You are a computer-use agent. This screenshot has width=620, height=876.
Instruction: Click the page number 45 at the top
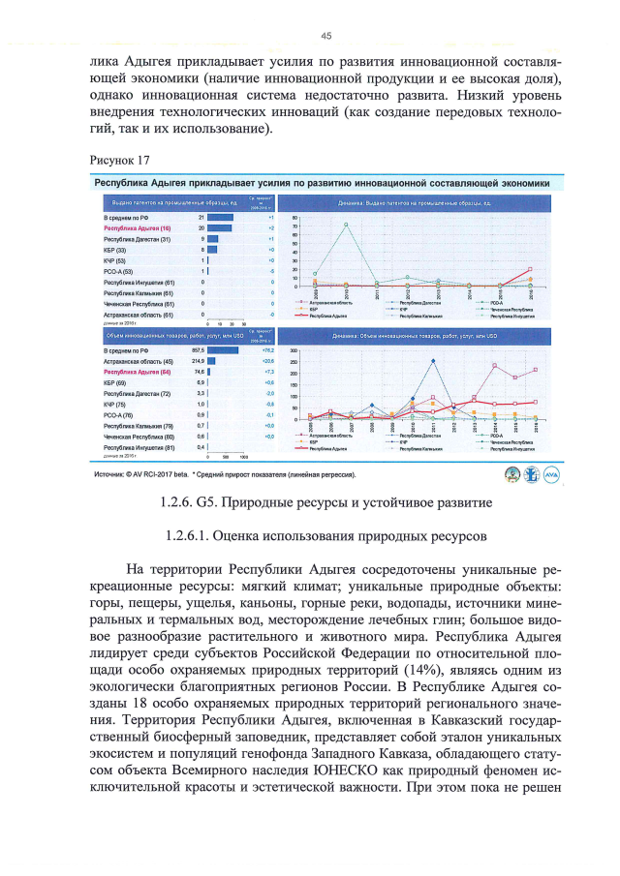325,36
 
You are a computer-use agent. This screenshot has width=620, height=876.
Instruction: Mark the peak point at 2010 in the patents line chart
346,225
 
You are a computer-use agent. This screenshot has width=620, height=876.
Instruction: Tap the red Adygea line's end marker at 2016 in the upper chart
530,270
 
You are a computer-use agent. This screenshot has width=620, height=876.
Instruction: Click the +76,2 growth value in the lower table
259,349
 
